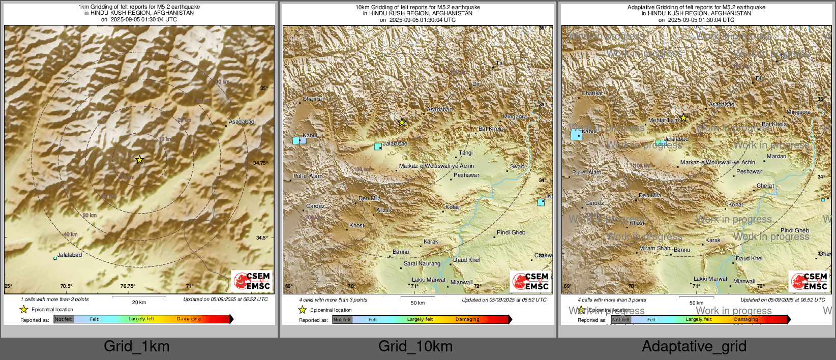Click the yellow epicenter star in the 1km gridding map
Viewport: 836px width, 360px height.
point(139,160)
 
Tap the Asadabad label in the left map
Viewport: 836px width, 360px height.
point(242,122)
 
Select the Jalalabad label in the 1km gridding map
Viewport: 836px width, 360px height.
point(70,255)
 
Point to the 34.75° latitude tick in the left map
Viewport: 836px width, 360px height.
point(260,163)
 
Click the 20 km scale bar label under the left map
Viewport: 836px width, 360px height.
point(139,302)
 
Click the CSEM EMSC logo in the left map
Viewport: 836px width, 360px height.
point(252,281)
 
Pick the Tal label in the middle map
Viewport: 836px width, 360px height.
point(500,64)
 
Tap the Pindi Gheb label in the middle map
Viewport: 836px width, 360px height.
point(511,232)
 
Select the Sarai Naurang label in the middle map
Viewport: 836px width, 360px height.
point(422,263)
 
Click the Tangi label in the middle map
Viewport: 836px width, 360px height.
point(466,153)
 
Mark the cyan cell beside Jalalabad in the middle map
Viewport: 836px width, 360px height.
point(378,146)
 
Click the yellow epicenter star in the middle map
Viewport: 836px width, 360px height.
point(402,123)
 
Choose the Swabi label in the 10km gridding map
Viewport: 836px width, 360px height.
point(518,166)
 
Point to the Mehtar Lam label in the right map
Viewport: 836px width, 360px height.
point(664,121)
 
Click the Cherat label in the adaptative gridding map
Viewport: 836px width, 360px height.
point(765,186)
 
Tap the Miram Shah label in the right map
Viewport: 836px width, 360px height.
point(655,248)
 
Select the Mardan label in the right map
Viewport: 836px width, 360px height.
point(777,156)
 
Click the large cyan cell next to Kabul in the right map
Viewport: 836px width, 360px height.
point(576,135)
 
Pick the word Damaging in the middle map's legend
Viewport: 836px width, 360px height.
point(467,319)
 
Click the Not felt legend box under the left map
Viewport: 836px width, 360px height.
point(64,319)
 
